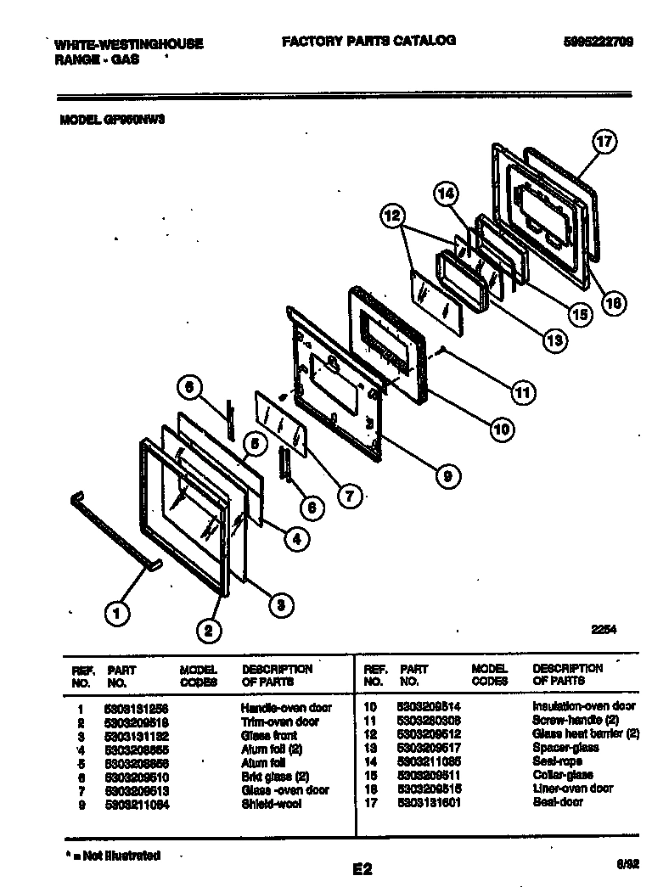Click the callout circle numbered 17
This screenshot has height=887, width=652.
pyautogui.click(x=604, y=143)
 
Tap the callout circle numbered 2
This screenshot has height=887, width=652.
pyautogui.click(x=208, y=629)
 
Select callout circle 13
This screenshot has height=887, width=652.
pyautogui.click(x=554, y=340)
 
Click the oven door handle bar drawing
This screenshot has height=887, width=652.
pyautogui.click(x=110, y=531)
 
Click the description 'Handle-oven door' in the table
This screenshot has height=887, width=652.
pyautogui.click(x=285, y=707)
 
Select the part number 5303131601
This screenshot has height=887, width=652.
pyautogui.click(x=429, y=802)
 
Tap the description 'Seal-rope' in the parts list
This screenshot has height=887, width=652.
pyautogui.click(x=557, y=761)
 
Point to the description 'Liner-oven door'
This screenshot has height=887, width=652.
pyautogui.click(x=572, y=789)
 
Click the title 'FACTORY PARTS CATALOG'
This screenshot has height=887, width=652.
pyautogui.click(x=368, y=40)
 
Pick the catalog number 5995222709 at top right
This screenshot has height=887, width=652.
pyautogui.click(x=598, y=42)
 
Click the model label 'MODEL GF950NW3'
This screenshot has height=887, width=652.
pyautogui.click(x=111, y=121)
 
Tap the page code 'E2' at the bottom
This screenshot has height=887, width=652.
pyautogui.click(x=363, y=867)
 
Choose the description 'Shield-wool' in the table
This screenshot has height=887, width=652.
pyautogui.click(x=270, y=802)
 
